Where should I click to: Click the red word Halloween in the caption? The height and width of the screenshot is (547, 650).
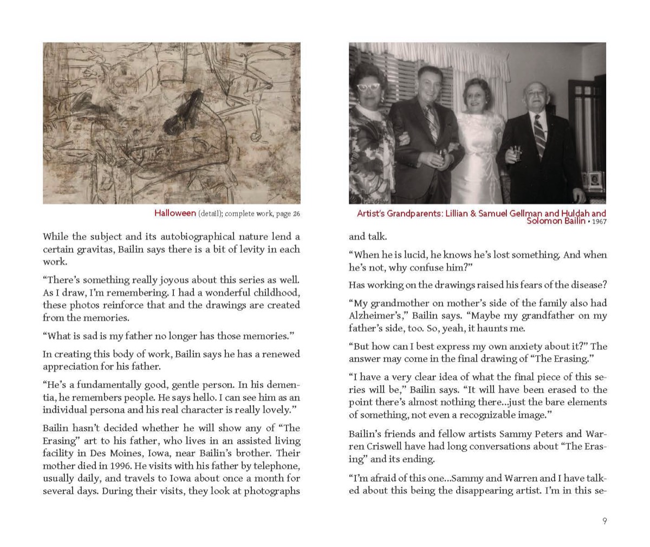pos(174,213)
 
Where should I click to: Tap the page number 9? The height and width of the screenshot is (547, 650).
pos(604,521)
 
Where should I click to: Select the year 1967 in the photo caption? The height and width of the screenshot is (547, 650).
pos(599,222)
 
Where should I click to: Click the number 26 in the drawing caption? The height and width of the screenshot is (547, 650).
pos(296,214)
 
